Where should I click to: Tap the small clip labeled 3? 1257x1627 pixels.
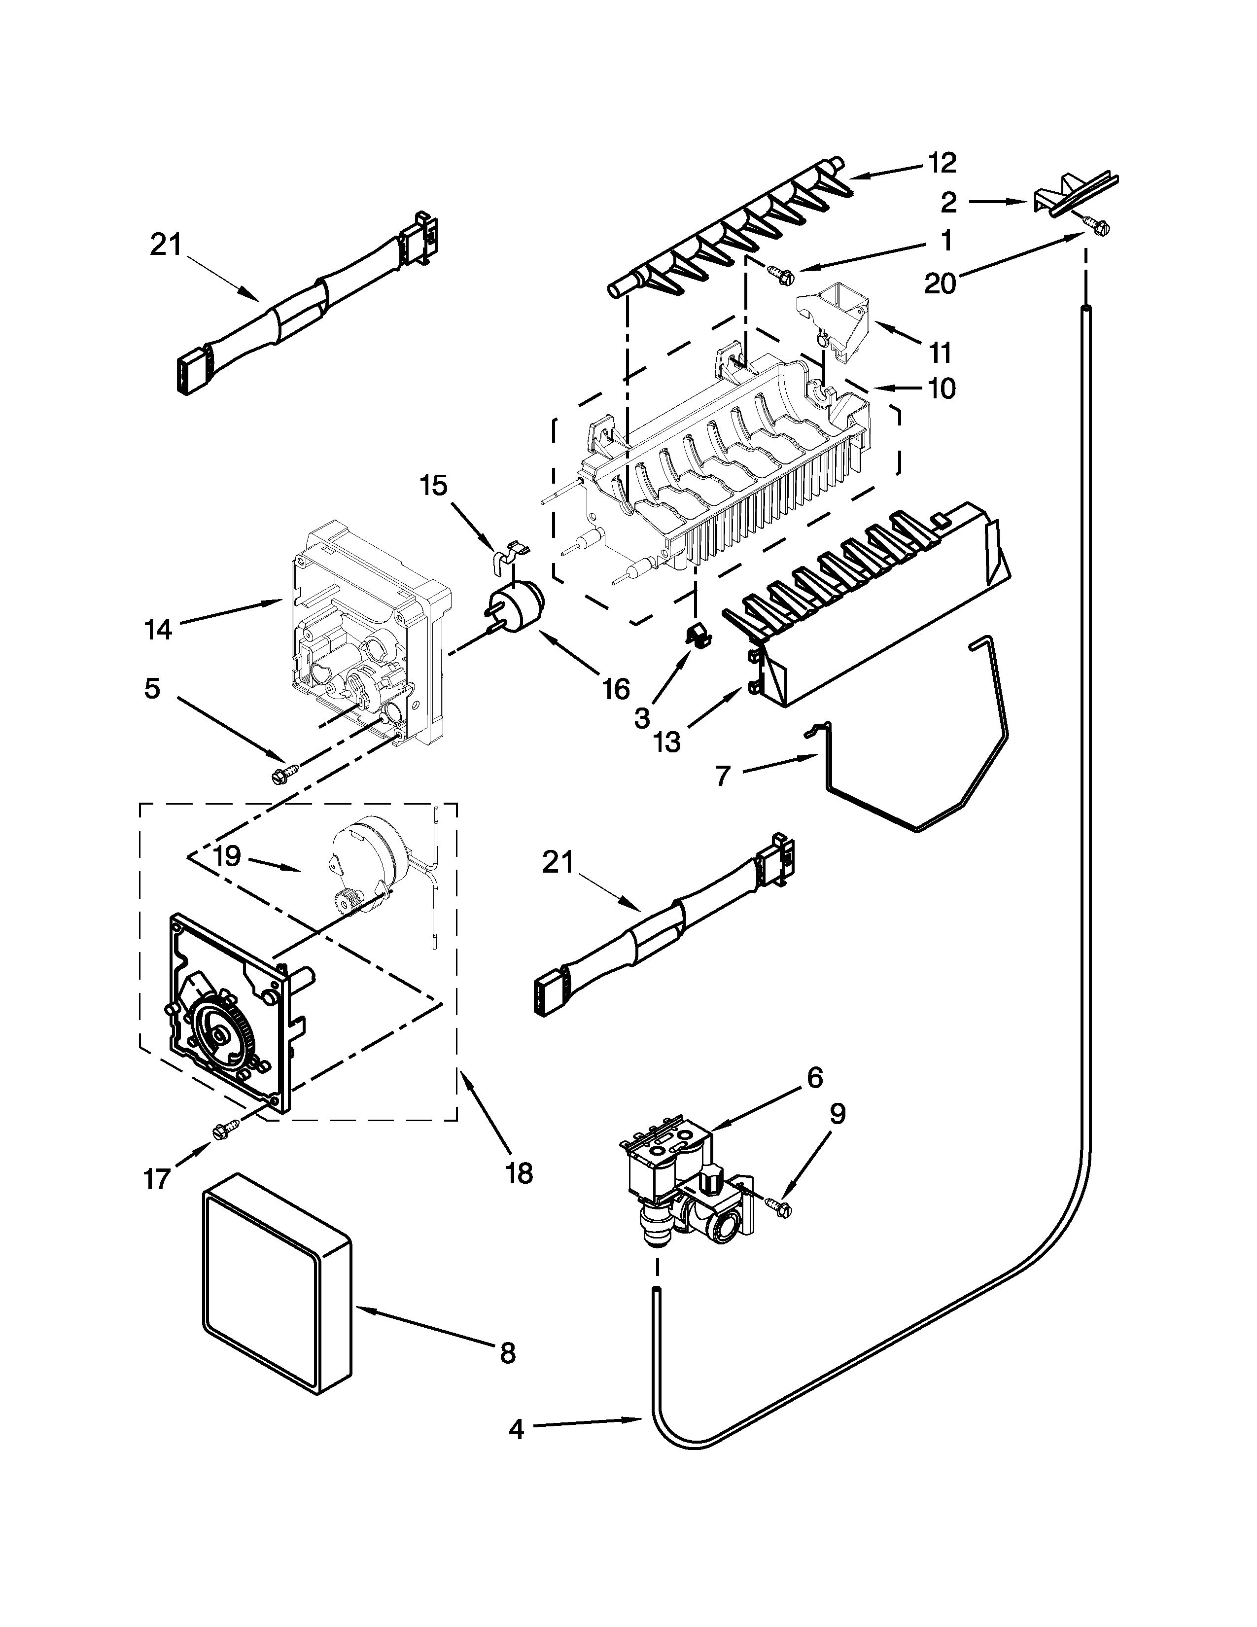point(696,634)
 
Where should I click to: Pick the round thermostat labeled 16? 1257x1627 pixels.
point(516,606)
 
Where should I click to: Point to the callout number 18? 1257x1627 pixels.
point(519,1173)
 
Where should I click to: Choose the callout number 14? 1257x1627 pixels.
point(158,630)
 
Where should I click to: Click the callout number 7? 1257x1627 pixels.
point(722,776)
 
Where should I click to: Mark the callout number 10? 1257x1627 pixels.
point(942,388)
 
